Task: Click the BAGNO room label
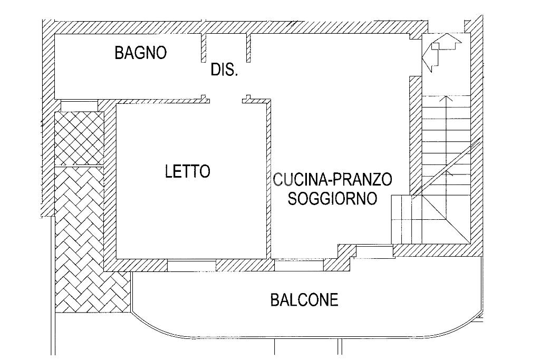(141, 53)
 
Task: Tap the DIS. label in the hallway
(224, 70)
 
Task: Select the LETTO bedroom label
(187, 171)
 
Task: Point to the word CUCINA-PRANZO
(333, 180)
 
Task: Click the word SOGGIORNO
(333, 199)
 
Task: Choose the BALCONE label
(304, 300)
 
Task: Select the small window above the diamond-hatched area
(80, 105)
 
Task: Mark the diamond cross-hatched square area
(80, 138)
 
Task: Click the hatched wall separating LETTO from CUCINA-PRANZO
(269, 179)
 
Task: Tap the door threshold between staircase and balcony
(374, 251)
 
